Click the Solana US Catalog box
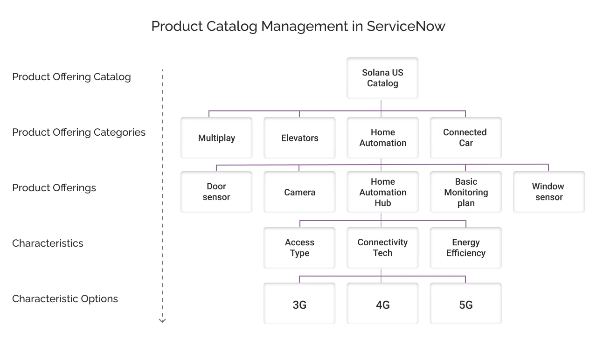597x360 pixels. coord(382,78)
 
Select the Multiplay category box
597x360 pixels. coord(216,138)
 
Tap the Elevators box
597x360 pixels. coord(299,138)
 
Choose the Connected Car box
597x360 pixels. coord(465,138)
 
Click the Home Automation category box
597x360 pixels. coord(382,138)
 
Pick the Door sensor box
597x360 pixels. coord(216,192)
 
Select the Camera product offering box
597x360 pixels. coord(299,192)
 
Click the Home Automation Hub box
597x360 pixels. coord(382,192)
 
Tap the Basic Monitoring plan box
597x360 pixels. coord(465,192)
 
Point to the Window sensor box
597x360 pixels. coord(548,192)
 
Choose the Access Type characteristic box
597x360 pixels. coord(299,248)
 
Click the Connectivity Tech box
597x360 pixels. coord(382,248)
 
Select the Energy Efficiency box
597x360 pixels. coord(465,248)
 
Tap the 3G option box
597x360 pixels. coord(299,304)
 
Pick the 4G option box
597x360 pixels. coord(382,304)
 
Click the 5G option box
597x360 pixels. coord(465,304)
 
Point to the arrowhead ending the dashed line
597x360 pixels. coord(162,321)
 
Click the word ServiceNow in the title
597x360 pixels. coord(406,26)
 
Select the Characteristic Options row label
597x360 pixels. coord(65,299)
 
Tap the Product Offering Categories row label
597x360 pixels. coord(79,132)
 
